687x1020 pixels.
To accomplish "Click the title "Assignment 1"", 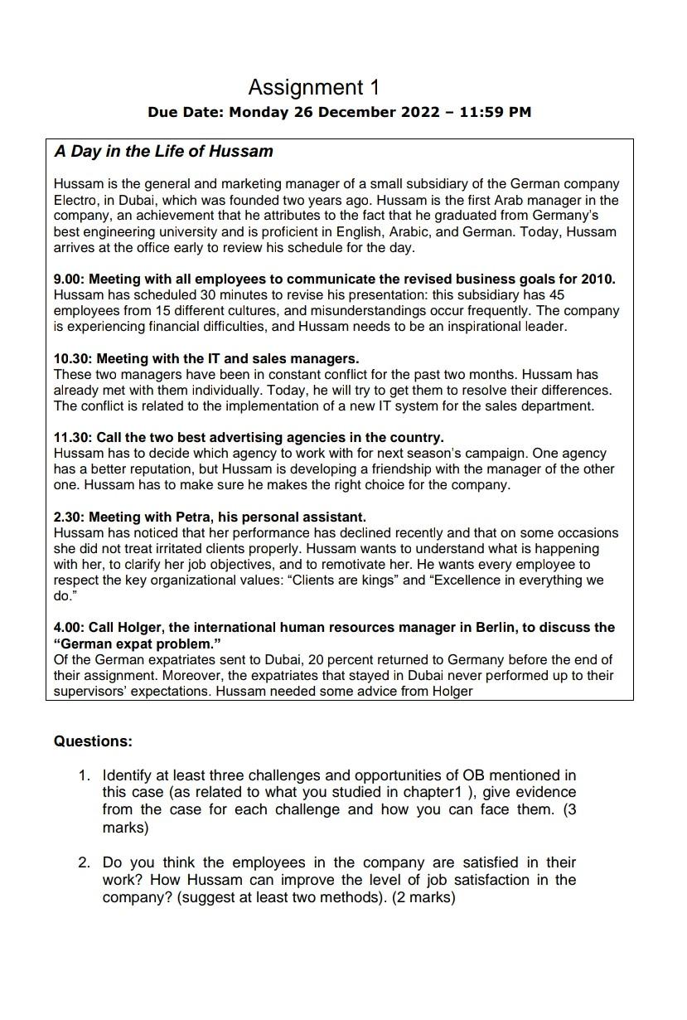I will (313, 87).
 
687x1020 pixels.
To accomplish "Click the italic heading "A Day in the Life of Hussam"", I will (163, 152).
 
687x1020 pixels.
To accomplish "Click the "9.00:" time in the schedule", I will (70, 279).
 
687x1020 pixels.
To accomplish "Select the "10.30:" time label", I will (73, 358).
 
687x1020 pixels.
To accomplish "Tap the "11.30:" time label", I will (73, 437).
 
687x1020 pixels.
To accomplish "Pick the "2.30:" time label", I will (70, 517).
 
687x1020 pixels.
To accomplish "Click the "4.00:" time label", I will (70, 627).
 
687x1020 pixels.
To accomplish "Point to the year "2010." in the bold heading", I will (597, 279).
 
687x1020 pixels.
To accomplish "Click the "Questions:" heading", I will (93, 741).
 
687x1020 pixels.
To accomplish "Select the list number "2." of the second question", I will (85, 862).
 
